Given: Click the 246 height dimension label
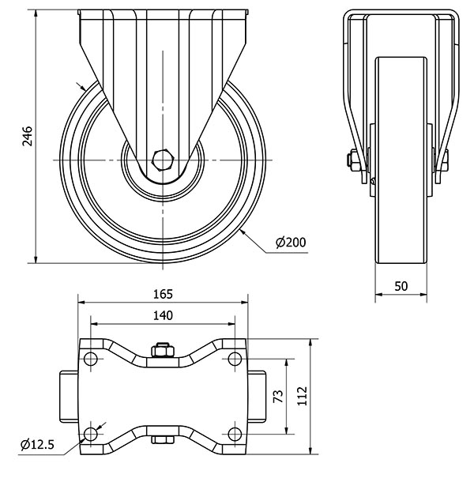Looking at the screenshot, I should [x=27, y=136].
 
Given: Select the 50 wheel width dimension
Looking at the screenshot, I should [x=401, y=286].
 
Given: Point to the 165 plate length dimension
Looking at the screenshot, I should [x=162, y=294].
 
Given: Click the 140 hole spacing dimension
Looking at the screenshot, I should [x=162, y=315].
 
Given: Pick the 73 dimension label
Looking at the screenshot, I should [x=276, y=397].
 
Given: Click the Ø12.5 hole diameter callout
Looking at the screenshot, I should [x=36, y=446].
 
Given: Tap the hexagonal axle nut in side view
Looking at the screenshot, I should [x=164, y=159].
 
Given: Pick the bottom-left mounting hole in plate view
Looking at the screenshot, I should [x=91, y=433].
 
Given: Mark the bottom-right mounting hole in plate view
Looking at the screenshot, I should [x=234, y=433].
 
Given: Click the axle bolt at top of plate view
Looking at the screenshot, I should [x=162, y=350].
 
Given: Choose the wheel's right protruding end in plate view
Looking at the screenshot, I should [x=258, y=397].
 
